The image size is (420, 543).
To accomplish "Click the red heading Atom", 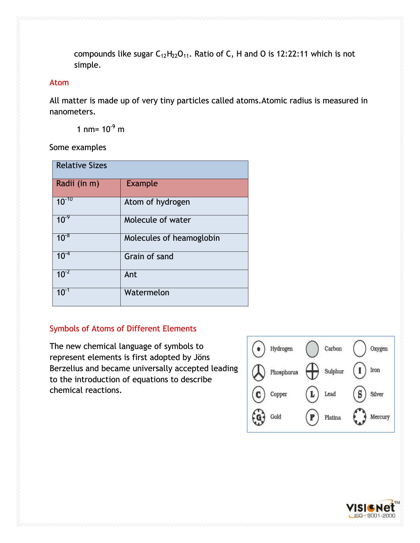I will (59, 83).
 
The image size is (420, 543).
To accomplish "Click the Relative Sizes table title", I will (82, 166).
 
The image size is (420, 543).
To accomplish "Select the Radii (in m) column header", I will (78, 184).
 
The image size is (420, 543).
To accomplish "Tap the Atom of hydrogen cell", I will (157, 202).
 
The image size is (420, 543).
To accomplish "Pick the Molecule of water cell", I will (158, 220).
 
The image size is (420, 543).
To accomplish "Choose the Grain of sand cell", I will (149, 257).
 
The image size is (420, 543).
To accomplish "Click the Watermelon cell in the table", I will (147, 293).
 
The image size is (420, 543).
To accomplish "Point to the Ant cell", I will (131, 275).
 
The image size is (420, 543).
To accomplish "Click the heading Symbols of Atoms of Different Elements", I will (123, 329).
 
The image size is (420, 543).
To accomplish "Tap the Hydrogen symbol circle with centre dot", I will (259, 349).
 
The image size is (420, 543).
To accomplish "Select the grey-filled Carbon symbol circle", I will (312, 349).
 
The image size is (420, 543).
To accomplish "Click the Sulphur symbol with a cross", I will (312, 371).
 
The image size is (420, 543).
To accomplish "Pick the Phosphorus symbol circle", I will (259, 372).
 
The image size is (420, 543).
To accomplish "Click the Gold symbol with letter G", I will (259, 417).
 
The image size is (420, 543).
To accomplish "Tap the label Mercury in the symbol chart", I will (380, 417).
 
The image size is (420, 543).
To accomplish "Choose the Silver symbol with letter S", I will (360, 394).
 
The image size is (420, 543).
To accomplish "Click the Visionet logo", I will (371, 509).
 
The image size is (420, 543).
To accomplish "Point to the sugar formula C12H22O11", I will (172, 54).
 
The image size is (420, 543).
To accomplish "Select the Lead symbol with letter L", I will (312, 394).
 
